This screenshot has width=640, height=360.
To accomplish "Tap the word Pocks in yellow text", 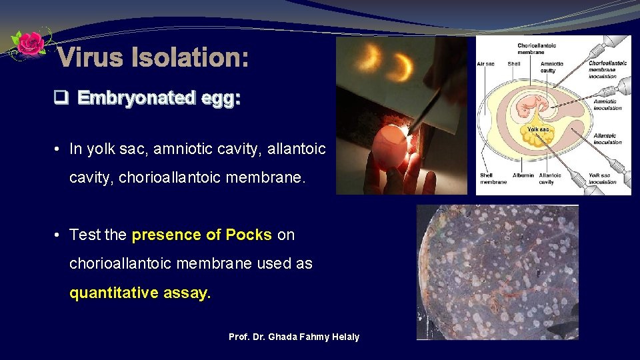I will tap(248, 235).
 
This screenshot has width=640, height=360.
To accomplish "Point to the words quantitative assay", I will tap(140, 293).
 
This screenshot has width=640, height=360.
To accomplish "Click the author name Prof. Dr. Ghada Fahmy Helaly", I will tap(293, 337).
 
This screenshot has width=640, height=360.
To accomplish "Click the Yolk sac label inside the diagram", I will tap(537, 129).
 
